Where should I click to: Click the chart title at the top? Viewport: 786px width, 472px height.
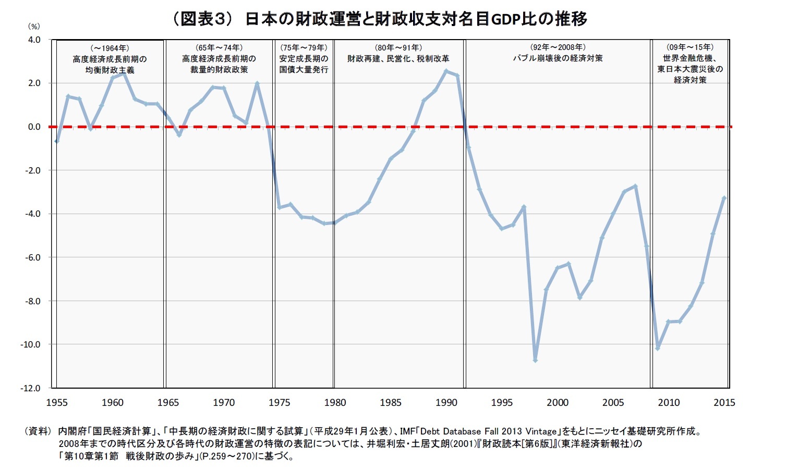point(379,19)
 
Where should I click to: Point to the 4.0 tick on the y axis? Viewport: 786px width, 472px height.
point(34,40)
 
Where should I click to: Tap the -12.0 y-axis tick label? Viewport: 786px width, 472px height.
point(31,388)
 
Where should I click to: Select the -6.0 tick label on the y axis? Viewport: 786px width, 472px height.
point(32,257)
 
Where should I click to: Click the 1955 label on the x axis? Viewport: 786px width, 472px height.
point(57,402)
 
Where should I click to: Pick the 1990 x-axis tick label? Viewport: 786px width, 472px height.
point(446,402)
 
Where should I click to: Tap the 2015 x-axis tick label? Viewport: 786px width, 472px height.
point(724,402)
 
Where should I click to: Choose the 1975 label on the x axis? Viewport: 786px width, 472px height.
point(280,402)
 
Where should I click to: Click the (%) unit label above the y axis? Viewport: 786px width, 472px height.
point(33,26)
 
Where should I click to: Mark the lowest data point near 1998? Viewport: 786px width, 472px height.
point(535,360)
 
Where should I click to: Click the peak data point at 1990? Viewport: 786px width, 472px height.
point(446,71)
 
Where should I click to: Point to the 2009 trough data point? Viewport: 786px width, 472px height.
point(658,347)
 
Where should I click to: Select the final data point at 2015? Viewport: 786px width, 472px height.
point(724,198)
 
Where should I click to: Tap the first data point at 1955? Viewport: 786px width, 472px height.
point(57,141)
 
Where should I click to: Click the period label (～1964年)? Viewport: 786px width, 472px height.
point(110,48)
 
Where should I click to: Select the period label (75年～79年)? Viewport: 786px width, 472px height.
point(304,47)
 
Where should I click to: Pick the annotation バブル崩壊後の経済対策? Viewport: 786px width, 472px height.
point(558,58)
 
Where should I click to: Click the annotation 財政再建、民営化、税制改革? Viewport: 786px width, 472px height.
point(398,58)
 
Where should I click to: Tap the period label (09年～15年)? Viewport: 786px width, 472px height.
point(690,47)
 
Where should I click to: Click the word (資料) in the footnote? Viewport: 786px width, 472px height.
point(38,431)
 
